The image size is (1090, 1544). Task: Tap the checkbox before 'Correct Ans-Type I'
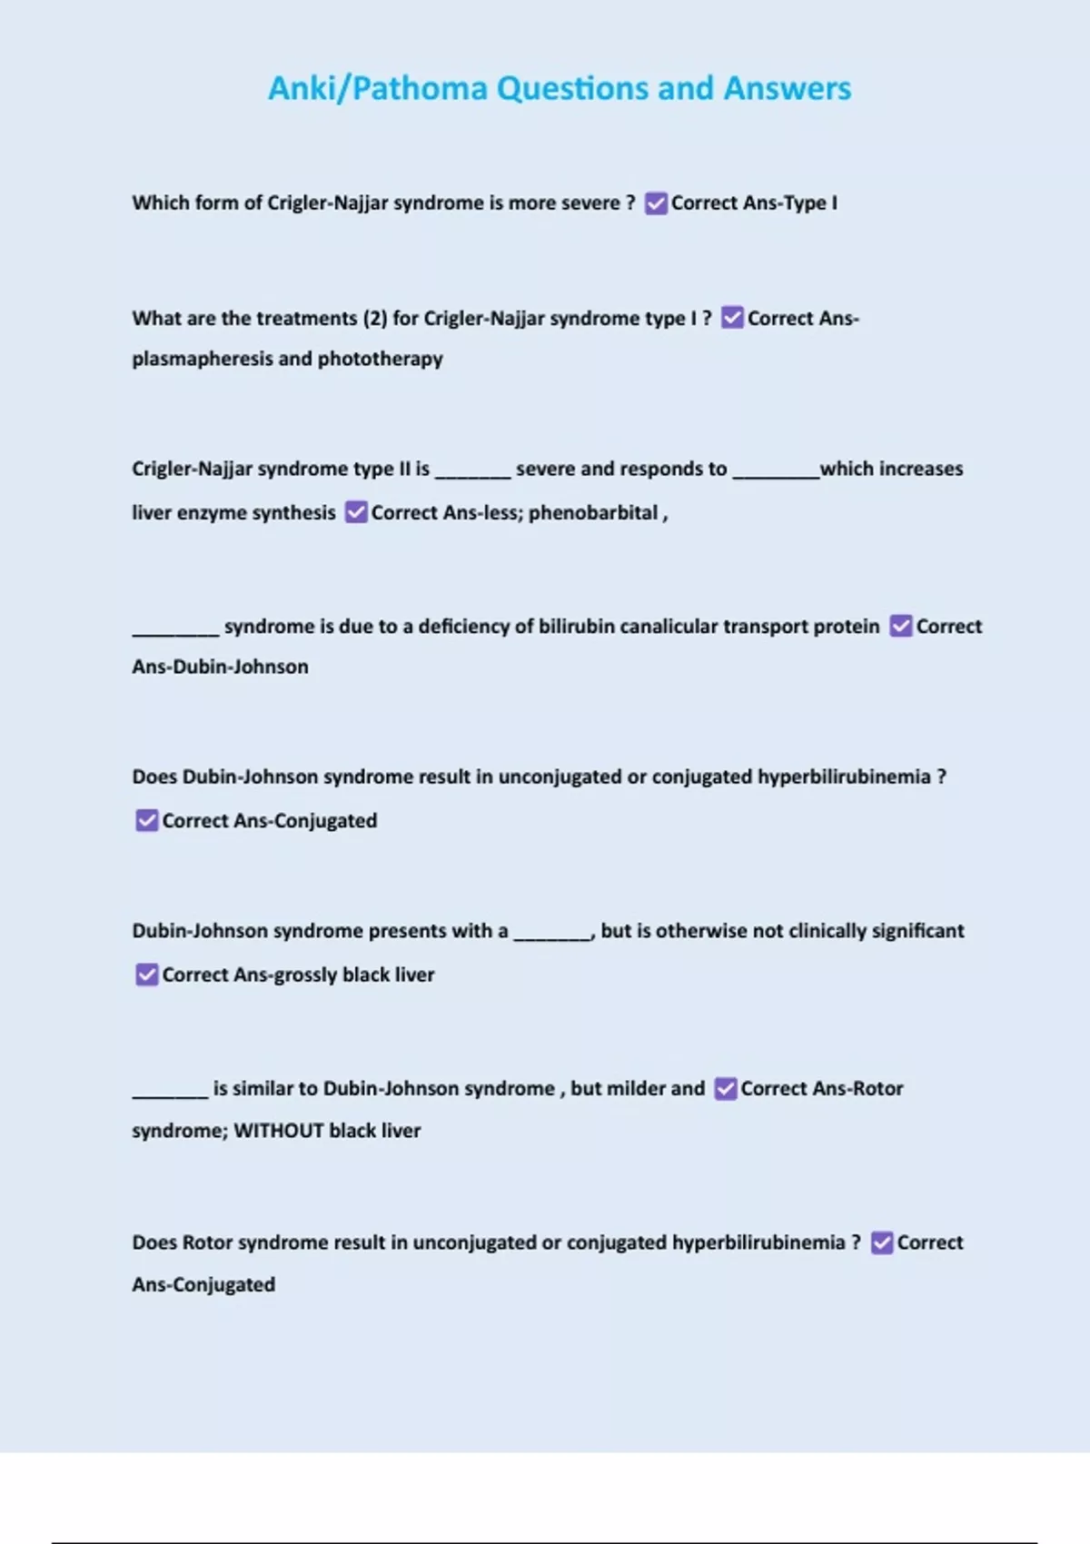tap(656, 203)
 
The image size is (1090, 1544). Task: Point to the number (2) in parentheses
tap(375, 319)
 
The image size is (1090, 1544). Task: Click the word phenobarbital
tap(593, 513)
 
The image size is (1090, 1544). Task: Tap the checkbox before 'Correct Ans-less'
tap(356, 512)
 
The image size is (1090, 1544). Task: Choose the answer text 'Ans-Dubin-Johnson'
tap(220, 667)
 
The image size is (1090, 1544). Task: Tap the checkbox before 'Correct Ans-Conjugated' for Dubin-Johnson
tap(146, 821)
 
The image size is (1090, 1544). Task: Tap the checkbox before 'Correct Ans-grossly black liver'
tap(146, 975)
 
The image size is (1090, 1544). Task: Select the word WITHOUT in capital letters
tap(278, 1131)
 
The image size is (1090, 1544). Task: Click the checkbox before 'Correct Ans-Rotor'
tap(725, 1089)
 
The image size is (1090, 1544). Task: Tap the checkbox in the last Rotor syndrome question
tap(881, 1242)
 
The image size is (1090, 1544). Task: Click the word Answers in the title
tap(787, 89)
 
